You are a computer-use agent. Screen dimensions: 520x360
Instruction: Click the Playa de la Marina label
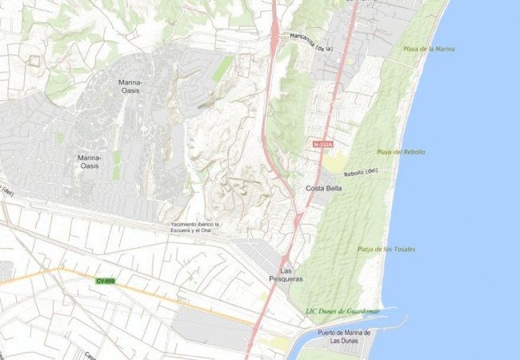click(430, 49)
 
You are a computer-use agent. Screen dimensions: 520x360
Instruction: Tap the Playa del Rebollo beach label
click(401, 151)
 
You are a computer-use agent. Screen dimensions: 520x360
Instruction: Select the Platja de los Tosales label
click(386, 249)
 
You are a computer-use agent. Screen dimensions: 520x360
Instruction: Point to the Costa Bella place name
click(324, 188)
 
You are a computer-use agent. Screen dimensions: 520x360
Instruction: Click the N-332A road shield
click(322, 144)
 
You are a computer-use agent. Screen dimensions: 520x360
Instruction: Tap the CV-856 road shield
click(105, 281)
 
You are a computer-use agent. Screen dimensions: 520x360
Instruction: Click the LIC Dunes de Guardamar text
click(343, 310)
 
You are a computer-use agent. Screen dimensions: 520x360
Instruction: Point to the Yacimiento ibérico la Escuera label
click(194, 227)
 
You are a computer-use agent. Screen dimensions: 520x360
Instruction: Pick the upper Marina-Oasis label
click(130, 86)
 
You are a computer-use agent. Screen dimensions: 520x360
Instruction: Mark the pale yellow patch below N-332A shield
click(334, 163)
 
